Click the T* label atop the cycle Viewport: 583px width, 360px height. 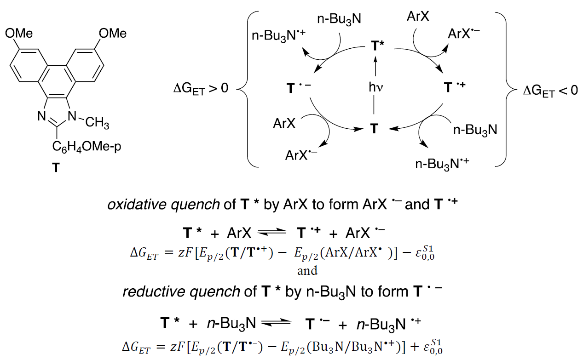378,46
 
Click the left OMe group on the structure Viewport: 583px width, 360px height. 19,34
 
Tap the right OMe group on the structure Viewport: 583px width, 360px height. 113,34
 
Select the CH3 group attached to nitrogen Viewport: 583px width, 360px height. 97,124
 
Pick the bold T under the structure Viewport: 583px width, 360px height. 56,168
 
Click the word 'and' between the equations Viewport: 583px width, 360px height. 307,270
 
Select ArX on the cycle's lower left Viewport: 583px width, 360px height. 286,124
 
